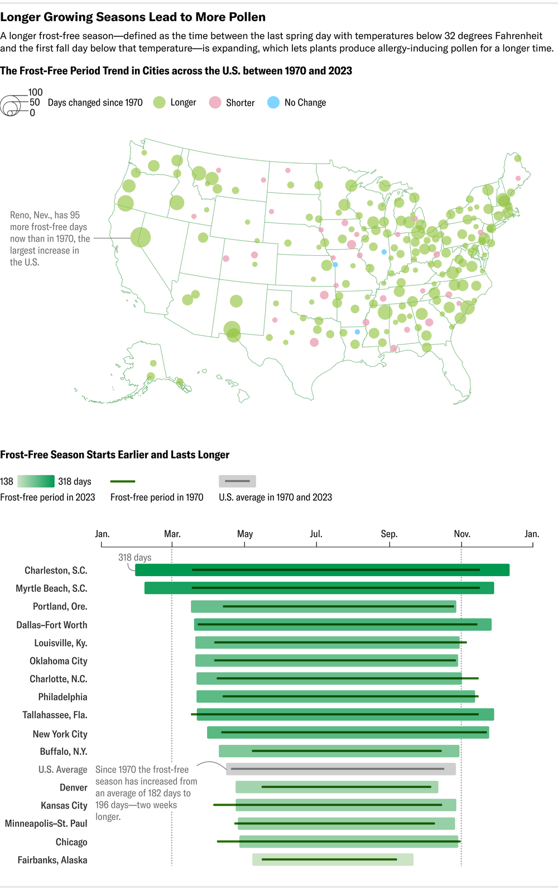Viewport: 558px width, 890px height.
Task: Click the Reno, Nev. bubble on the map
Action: coord(141,237)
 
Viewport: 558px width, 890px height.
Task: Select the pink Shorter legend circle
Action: coord(215,102)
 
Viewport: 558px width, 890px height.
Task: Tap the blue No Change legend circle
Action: coord(273,102)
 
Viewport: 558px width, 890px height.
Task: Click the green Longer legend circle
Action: coord(160,102)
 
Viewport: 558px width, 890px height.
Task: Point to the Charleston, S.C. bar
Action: coord(322,570)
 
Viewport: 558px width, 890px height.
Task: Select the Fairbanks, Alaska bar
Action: coord(333,859)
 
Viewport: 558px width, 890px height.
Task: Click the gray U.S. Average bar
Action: coord(340,769)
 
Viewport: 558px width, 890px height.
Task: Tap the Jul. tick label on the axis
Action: coord(316,534)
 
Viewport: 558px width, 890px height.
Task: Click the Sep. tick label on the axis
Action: coord(389,534)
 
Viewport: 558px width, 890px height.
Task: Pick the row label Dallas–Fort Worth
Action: coord(52,625)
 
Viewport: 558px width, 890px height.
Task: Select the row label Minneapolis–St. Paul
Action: coord(46,824)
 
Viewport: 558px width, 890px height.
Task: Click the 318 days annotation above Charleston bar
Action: coord(134,557)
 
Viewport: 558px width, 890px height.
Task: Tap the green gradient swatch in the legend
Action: coord(36,481)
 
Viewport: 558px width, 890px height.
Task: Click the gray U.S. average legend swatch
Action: coord(237,481)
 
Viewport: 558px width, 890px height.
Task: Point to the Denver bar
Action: coord(336,787)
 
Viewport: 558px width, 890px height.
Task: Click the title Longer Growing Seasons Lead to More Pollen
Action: coord(133,17)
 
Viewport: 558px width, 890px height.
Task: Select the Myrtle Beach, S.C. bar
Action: coord(319,588)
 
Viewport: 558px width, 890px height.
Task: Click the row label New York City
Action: coord(60,734)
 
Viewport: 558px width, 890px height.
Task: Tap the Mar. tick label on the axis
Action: coord(172,534)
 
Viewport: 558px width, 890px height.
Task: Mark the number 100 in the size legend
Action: coord(36,92)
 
